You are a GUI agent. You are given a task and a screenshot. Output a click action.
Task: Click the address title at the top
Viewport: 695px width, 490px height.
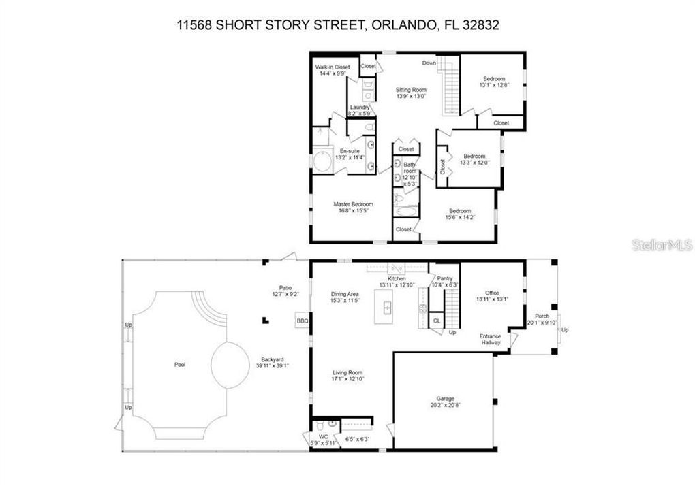tap(347, 25)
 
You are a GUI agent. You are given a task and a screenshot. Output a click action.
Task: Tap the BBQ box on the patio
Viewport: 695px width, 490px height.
tap(302, 321)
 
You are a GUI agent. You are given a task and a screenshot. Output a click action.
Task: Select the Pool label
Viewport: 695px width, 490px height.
tap(180, 365)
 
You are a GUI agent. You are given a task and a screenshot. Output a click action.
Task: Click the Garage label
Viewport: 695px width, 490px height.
tap(446, 399)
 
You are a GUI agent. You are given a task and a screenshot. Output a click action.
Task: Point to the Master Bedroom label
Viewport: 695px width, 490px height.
tap(353, 204)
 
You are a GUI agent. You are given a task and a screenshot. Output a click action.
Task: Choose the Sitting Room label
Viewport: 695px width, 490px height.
tap(411, 90)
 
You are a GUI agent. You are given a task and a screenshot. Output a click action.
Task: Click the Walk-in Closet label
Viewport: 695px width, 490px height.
tap(333, 67)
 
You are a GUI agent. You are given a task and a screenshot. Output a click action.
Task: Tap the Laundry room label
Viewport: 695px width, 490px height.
tap(360, 108)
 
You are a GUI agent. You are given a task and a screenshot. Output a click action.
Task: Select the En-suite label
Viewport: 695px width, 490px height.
tap(350, 151)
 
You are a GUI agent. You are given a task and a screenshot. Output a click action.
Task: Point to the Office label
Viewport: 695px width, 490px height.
tap(492, 293)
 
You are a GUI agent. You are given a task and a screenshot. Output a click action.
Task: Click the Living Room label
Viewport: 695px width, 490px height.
tap(347, 373)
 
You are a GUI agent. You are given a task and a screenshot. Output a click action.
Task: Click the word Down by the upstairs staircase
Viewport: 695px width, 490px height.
tap(429, 63)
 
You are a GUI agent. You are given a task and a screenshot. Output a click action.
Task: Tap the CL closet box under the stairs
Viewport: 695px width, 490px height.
tap(437, 321)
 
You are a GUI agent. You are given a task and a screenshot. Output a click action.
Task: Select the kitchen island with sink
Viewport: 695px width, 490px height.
tap(387, 309)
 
